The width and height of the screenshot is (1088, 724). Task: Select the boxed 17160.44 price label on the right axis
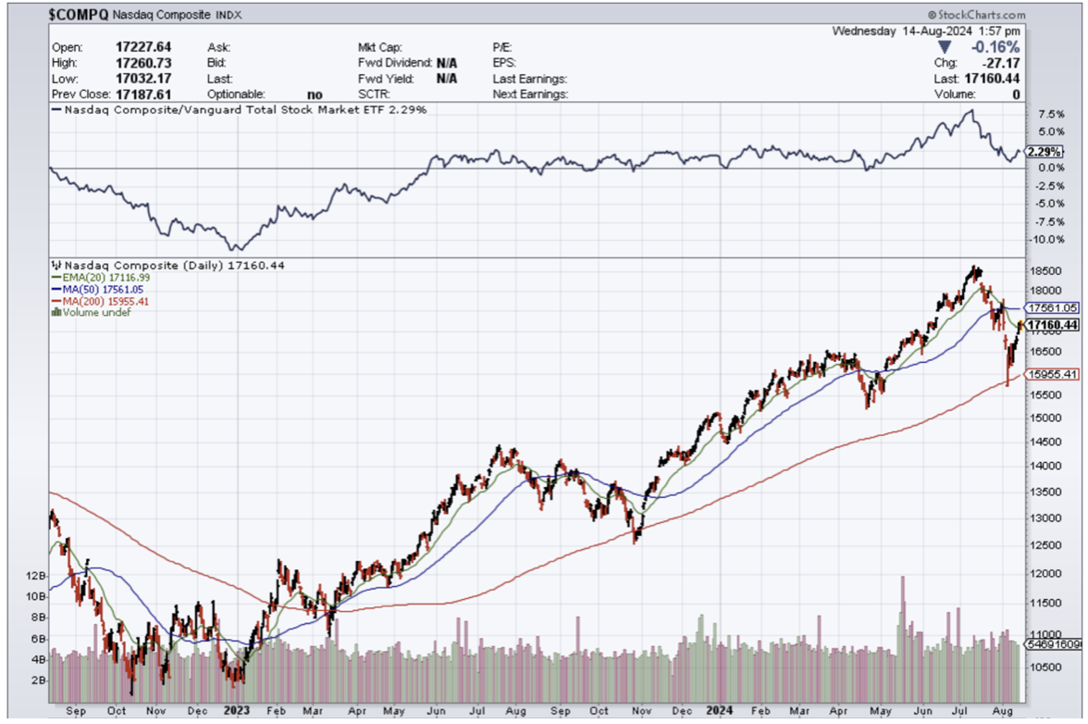click(1054, 325)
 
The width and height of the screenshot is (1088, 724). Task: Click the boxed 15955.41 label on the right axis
click(1054, 375)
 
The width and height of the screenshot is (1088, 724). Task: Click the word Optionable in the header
click(236, 94)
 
